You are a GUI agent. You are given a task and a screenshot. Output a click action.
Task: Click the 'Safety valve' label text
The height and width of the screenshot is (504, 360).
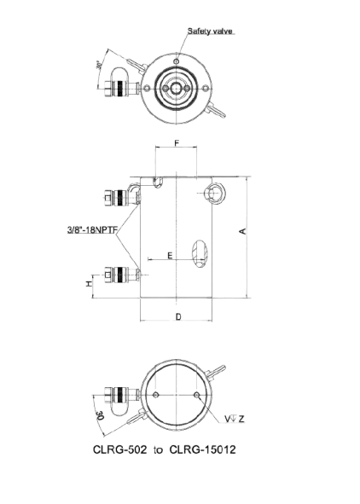click(x=210, y=32)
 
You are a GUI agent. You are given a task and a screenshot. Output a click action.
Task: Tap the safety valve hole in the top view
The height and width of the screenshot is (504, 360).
click(x=176, y=61)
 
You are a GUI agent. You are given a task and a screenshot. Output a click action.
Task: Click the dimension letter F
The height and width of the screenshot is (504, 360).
click(x=177, y=143)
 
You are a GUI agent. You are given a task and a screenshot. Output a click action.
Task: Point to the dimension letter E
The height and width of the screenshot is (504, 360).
click(x=170, y=256)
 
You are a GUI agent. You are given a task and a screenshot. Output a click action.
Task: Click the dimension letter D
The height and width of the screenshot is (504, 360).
click(x=178, y=317)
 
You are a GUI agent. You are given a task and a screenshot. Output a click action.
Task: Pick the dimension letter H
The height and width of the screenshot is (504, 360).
click(x=89, y=283)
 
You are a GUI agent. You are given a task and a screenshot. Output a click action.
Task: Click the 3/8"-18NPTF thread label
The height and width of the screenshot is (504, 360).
click(x=93, y=229)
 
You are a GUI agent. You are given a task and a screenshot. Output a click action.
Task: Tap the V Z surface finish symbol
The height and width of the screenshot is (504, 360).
click(x=235, y=419)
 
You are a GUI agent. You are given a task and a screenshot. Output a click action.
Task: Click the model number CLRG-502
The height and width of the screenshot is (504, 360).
click(x=120, y=449)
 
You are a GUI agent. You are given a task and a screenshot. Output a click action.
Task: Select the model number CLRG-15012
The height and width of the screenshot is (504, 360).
click(x=202, y=449)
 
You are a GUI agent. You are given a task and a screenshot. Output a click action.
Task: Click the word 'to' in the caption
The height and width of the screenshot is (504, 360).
click(x=158, y=450)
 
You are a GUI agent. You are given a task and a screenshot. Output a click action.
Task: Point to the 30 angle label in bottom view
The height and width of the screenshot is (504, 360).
click(x=100, y=415)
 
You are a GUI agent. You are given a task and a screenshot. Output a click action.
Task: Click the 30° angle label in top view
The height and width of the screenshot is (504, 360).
click(x=99, y=66)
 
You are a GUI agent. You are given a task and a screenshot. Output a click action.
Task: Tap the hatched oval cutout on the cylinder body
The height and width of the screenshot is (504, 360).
click(x=200, y=254)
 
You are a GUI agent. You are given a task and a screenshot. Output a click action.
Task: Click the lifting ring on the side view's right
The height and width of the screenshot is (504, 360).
click(x=215, y=194)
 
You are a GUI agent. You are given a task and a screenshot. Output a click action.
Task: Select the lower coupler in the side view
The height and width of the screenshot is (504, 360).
click(x=122, y=275)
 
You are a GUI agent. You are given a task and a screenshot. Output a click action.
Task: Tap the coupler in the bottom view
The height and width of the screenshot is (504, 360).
click(x=122, y=394)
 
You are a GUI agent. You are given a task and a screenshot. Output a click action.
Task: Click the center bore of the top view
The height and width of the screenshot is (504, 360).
click(x=176, y=88)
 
